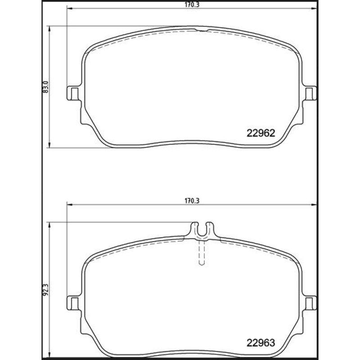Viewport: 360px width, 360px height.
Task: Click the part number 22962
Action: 261,133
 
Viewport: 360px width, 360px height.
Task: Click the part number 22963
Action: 261,342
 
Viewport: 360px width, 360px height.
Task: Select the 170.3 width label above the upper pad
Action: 192,5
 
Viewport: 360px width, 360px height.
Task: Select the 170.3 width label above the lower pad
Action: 192,201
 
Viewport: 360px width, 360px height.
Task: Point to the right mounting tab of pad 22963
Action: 310,303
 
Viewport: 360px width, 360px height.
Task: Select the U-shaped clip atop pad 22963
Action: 202,229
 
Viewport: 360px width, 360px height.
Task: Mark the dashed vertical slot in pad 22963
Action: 202,252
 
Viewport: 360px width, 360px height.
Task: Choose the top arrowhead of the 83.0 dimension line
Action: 50,27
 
